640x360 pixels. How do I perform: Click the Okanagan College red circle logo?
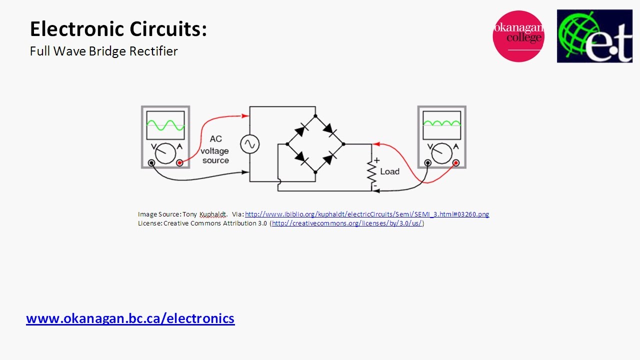click(x=518, y=36)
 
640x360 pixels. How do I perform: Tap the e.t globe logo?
click(x=594, y=36)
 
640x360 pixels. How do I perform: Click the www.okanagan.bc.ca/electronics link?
click(x=130, y=318)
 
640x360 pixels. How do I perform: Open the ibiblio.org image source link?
click(x=367, y=214)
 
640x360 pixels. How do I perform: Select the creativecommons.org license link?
click(x=347, y=223)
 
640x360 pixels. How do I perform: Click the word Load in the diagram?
click(x=390, y=171)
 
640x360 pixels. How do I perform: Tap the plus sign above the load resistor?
click(x=377, y=160)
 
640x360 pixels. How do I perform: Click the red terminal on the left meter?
click(x=179, y=163)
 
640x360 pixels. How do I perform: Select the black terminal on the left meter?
click(x=151, y=163)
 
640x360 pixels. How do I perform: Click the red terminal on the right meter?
click(x=456, y=163)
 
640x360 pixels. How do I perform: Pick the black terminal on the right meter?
click(x=428, y=163)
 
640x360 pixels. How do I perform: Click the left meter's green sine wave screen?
click(x=165, y=125)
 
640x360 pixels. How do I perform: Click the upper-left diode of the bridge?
click(x=301, y=130)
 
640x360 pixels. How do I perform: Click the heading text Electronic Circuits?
click(x=118, y=29)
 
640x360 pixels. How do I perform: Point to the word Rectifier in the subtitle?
click(x=154, y=51)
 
